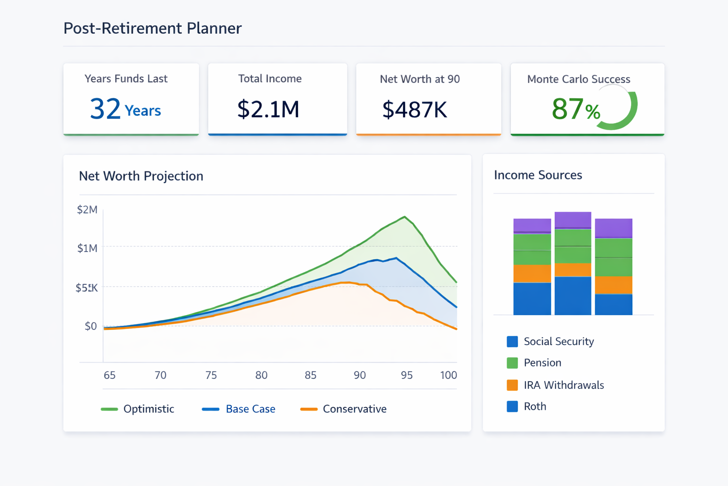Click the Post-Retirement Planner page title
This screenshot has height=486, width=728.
[x=152, y=28]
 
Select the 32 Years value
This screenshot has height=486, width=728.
[x=125, y=109]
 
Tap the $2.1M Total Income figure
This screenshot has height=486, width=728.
[x=268, y=109]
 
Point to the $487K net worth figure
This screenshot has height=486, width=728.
[x=414, y=110]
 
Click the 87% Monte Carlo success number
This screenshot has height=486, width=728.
[x=575, y=109]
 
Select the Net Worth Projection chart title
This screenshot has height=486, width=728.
[x=141, y=176]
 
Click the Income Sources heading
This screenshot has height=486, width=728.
[x=537, y=175]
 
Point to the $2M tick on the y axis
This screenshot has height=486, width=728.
[x=87, y=210]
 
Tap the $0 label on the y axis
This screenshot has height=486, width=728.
[x=90, y=327]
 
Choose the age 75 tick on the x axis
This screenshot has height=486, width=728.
[x=211, y=375]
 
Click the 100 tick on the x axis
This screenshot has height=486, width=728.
[x=448, y=375]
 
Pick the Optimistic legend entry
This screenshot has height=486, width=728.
[x=148, y=409]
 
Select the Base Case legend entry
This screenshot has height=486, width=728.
[x=250, y=409]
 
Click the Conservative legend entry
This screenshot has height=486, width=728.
[x=354, y=409]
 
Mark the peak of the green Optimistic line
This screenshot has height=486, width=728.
[x=404, y=217]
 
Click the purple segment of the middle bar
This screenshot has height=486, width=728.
[x=573, y=220]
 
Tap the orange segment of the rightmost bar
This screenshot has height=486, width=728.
[x=613, y=285]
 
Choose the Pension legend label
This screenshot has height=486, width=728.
[x=542, y=363]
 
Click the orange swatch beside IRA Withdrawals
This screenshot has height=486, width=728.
[x=512, y=385]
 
